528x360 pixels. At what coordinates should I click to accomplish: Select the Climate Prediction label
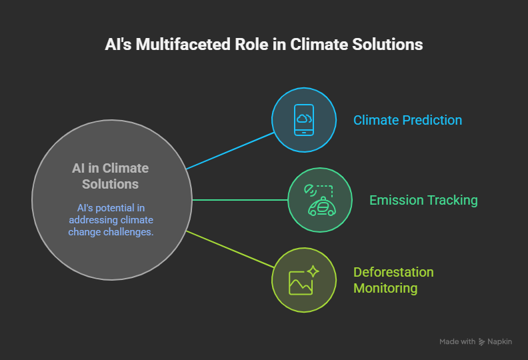(407, 120)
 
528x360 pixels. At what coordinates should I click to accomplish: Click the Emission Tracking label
(423, 200)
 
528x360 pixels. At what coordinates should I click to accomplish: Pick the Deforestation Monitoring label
(393, 280)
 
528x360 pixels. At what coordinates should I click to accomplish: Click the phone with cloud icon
(304, 120)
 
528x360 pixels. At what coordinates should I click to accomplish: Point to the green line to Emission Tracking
(240, 200)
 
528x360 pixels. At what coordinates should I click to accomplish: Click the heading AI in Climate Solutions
(111, 176)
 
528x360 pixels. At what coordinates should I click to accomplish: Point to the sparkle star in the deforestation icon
(313, 271)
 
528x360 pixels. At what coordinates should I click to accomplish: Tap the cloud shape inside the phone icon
(303, 119)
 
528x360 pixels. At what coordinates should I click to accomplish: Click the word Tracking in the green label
(452, 200)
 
